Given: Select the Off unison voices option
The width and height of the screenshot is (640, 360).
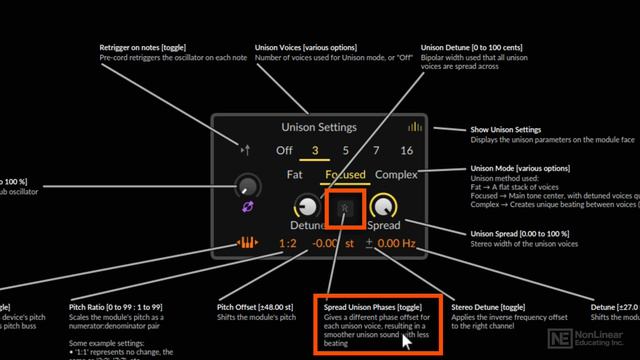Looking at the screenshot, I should [285, 151].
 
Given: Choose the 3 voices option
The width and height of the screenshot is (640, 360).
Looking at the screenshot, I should [315, 151].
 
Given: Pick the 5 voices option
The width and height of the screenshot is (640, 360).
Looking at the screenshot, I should [345, 151].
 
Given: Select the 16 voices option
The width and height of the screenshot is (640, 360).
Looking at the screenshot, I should [406, 151].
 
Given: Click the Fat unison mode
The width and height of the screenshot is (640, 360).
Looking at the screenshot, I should [295, 175].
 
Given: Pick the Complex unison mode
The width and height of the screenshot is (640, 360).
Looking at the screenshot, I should [397, 175].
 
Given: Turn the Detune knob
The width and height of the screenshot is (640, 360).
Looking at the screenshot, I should [305, 207].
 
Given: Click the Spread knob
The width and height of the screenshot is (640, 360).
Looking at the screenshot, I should [383, 207].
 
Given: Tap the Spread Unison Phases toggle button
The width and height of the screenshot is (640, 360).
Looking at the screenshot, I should [344, 208].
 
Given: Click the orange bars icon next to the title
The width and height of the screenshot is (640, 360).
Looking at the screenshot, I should [414, 128].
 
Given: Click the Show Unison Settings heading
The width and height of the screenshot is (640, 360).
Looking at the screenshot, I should [506, 130].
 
